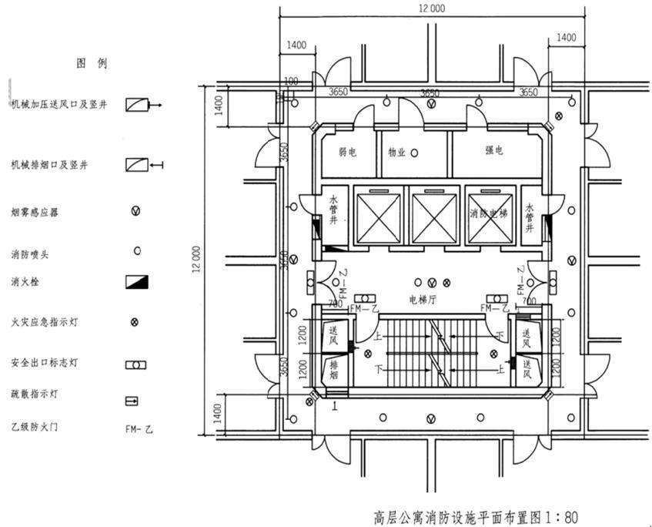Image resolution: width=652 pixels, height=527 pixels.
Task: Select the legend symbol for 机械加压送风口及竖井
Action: point(137,104)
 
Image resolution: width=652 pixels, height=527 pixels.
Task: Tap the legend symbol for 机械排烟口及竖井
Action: point(137,165)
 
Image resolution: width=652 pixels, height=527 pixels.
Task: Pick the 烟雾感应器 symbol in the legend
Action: point(136,211)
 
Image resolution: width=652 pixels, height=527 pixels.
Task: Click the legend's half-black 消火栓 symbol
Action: point(136,281)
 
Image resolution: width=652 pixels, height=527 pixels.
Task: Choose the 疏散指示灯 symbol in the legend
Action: point(132,401)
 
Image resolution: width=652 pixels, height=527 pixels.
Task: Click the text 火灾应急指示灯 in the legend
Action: point(44,323)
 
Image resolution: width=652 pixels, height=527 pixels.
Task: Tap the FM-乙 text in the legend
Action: point(139,428)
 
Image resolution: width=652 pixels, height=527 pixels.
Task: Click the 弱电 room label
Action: point(347,153)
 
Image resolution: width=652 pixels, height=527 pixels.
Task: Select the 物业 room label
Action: point(396,153)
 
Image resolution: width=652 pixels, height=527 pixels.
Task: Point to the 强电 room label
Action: point(493,151)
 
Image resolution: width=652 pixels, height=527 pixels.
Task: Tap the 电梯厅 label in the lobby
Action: point(423,299)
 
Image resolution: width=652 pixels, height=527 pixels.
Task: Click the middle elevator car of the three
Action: point(433,217)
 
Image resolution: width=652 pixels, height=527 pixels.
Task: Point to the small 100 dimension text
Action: point(291,81)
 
